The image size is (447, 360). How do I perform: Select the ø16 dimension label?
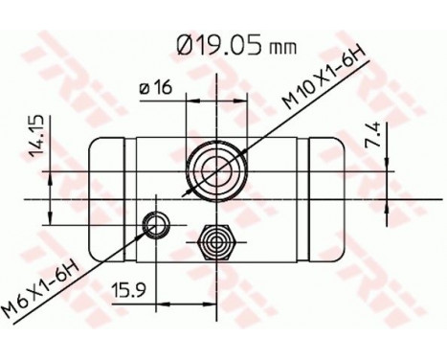[x=154, y=88]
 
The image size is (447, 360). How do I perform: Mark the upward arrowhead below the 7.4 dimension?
[x=384, y=202]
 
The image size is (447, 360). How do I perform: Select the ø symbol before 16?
[x=144, y=89]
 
